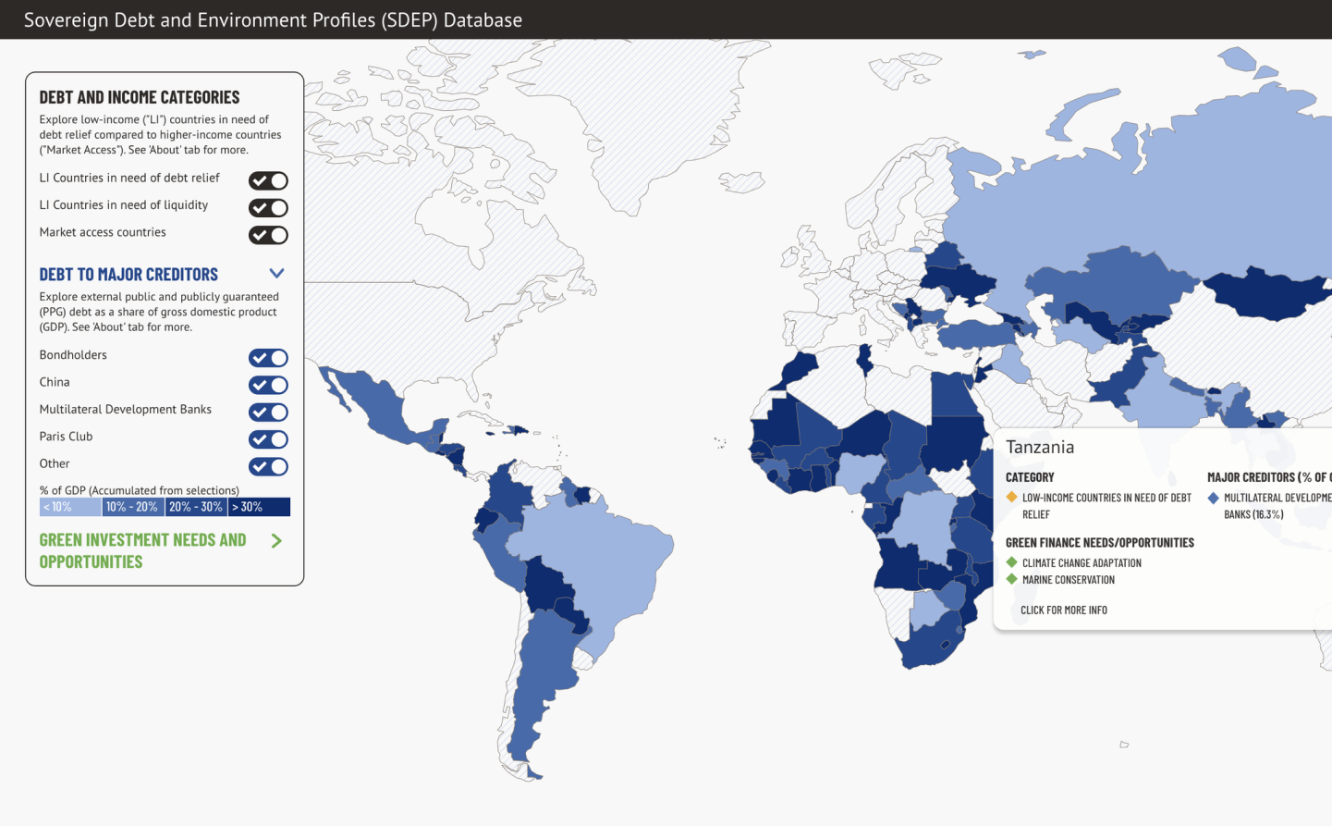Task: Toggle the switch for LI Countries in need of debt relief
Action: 268,181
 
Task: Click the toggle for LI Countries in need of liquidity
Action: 268,208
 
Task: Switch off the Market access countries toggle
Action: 268,236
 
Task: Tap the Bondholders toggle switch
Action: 268,358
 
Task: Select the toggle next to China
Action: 268,385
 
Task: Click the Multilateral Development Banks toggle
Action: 268,413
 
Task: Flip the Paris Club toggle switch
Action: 268,439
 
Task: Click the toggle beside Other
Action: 268,467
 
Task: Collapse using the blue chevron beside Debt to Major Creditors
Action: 276,274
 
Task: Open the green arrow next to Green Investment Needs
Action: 276,541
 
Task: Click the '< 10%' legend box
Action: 70,507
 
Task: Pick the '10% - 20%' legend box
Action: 132,507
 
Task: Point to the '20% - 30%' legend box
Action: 196,507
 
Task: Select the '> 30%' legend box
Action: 259,507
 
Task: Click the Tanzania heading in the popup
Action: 1040,448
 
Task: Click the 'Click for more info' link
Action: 1064,610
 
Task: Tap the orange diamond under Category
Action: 1012,498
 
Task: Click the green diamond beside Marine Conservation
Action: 1012,580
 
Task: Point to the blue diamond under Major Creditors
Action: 1214,498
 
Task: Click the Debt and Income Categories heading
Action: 140,97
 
